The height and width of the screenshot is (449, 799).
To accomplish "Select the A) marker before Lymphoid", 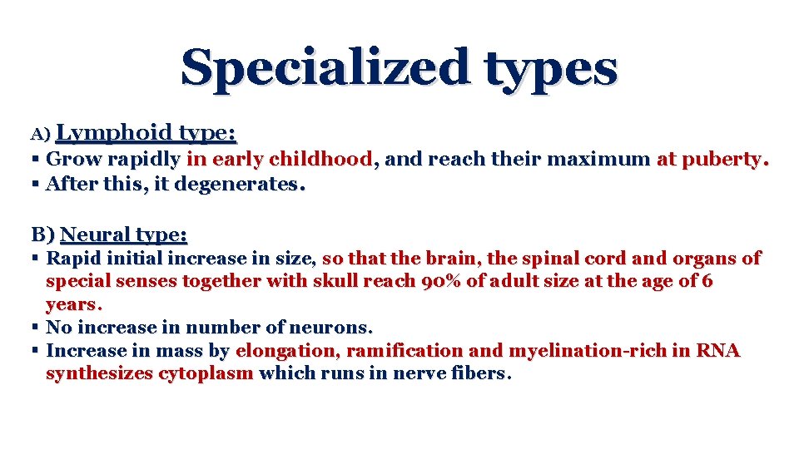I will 42,134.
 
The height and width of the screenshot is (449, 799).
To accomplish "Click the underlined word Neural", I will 91,234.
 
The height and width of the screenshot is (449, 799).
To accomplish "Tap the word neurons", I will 337,327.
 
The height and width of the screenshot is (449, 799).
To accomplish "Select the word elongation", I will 286,351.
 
